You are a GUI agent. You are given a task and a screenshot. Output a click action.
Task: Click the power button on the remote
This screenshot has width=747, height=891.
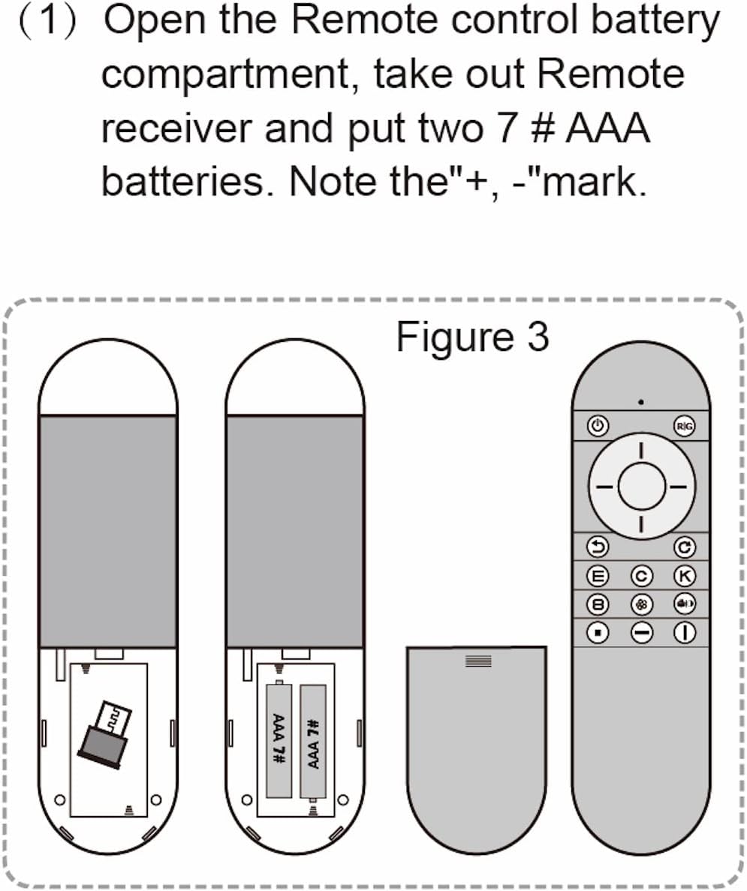[598, 426]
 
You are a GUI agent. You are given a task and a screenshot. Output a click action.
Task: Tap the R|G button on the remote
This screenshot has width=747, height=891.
[684, 426]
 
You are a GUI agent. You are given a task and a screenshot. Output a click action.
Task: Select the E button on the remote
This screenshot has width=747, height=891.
[598, 576]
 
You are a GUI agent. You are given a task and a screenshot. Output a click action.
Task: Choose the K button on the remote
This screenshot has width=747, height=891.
[684, 576]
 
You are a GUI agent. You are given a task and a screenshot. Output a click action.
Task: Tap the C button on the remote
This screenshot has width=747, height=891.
[641, 576]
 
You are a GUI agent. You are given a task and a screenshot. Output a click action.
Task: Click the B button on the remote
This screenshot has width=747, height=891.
[598, 604]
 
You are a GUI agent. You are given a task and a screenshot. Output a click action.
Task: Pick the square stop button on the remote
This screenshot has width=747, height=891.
[598, 633]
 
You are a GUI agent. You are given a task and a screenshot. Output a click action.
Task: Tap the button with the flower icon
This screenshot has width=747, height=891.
[641, 604]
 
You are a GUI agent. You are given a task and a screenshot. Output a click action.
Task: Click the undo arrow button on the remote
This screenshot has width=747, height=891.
[598, 547]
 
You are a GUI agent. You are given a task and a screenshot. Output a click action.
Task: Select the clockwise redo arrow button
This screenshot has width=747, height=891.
[684, 547]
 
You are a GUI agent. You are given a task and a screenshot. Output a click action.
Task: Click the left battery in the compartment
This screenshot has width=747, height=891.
[279, 739]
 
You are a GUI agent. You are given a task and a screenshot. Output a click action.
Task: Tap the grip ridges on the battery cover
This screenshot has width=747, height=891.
[478, 661]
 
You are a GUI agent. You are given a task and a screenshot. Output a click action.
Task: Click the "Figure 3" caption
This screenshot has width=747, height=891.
[472, 337]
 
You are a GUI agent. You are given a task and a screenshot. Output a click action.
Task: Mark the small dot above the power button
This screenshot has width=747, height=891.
[640, 402]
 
